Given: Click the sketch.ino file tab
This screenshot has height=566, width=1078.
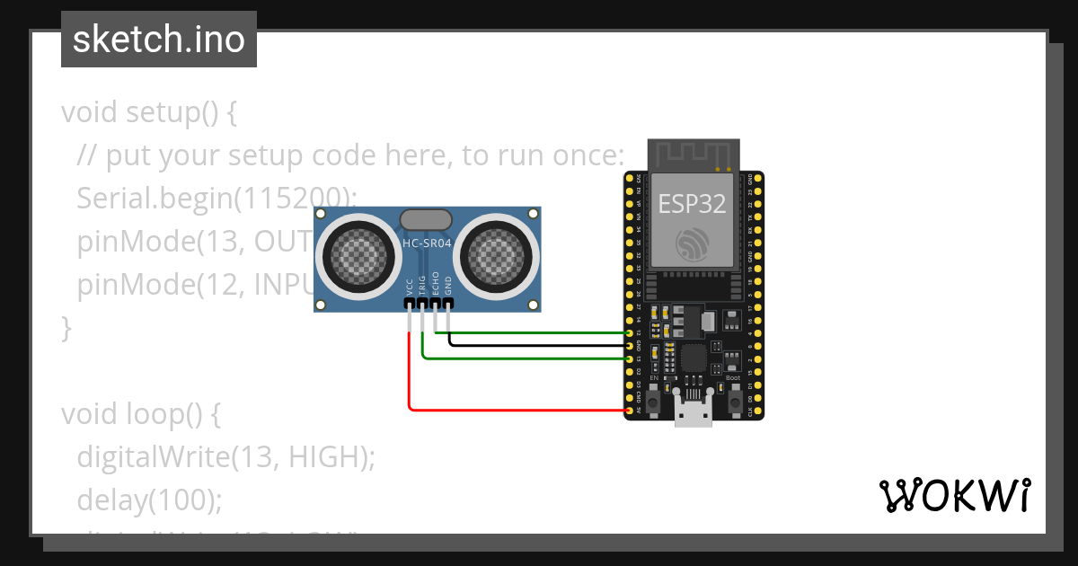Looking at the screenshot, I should tap(158, 40).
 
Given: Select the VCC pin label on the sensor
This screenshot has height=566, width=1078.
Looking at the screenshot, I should tap(410, 287).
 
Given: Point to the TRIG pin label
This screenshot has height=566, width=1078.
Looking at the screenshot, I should tap(422, 286).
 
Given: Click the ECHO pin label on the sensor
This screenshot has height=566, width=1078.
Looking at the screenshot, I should tap(436, 284).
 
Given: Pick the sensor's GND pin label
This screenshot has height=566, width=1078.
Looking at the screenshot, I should tap(448, 287).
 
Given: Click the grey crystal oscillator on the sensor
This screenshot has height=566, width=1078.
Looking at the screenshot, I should tap(427, 219).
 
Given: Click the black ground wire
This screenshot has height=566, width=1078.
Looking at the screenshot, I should tap(539, 345).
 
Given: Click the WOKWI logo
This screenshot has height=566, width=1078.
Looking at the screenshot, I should tap(954, 496).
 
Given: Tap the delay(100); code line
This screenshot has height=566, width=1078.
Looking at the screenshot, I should tap(149, 499).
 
